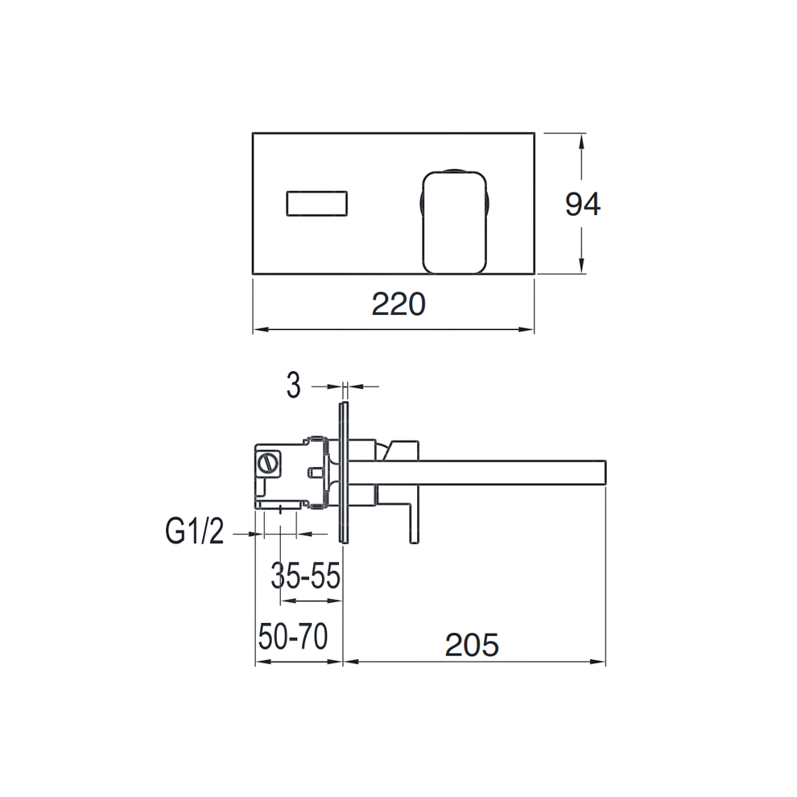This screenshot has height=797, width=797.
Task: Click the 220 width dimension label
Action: [x=398, y=305]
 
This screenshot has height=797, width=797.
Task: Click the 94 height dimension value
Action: [x=582, y=204]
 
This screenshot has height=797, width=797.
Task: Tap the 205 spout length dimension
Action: [x=471, y=643]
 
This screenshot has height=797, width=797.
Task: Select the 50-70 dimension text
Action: [x=293, y=638]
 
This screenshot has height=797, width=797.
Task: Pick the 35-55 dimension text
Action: [x=305, y=576]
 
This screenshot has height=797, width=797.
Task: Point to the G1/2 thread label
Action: [x=194, y=532]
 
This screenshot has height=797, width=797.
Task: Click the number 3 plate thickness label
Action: [x=294, y=386]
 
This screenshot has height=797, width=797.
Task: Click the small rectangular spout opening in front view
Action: [x=316, y=203]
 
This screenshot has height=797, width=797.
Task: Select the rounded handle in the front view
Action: [x=453, y=220]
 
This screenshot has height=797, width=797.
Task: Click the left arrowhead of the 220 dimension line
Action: [x=258, y=328]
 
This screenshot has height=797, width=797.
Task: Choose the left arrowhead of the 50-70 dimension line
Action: [x=260, y=663]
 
